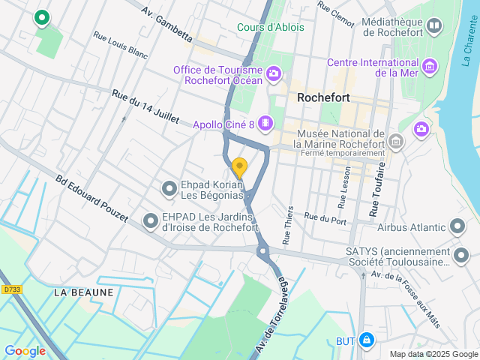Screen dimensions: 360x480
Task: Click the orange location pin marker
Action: pos(239,167)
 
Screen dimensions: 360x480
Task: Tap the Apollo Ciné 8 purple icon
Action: pos(265,122)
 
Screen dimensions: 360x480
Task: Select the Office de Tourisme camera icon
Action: pos(273,73)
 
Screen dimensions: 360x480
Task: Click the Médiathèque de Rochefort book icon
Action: pos(433,28)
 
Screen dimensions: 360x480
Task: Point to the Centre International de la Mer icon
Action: pos(430,67)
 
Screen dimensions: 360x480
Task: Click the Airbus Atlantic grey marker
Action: pos(457,226)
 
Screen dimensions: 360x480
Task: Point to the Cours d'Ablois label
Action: pos(271,27)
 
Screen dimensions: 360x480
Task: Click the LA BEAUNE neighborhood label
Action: pos(83,292)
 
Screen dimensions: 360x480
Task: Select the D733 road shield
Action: pos(11,289)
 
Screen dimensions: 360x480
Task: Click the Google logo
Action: pos(25,350)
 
